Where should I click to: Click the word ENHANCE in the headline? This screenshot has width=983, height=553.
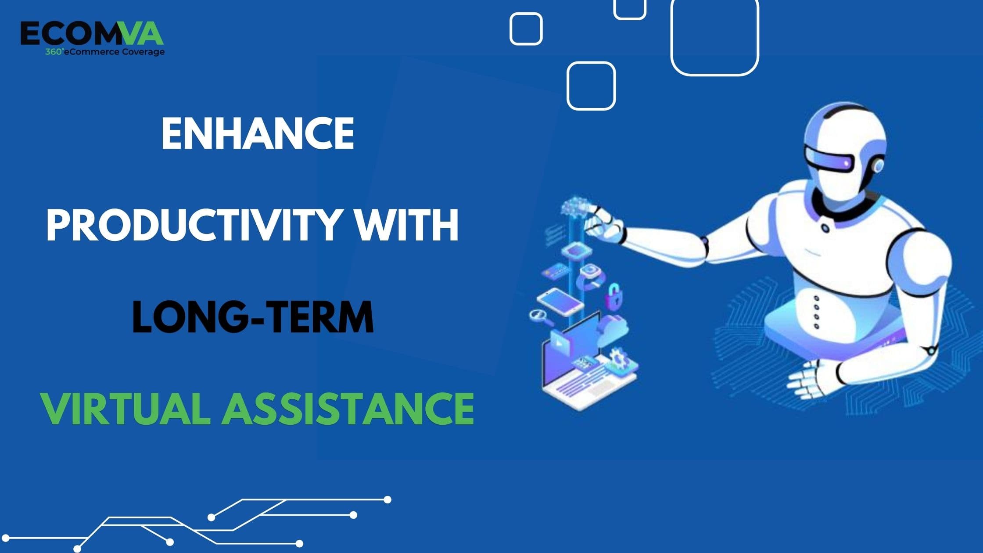[258, 133]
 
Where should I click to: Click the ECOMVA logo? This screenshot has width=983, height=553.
[92, 34]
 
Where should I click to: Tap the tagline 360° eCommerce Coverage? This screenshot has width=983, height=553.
[105, 52]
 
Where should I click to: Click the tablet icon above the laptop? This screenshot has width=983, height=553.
[560, 302]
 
